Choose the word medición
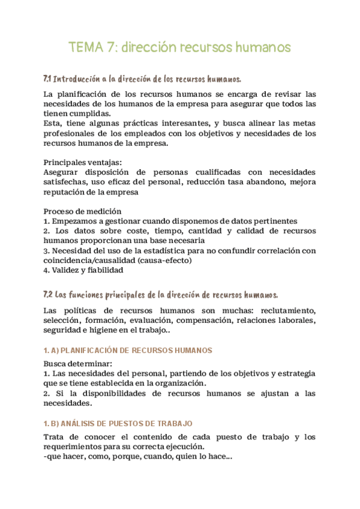click(104, 211)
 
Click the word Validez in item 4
click(67, 270)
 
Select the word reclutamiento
click(286, 310)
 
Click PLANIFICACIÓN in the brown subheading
click(97, 351)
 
